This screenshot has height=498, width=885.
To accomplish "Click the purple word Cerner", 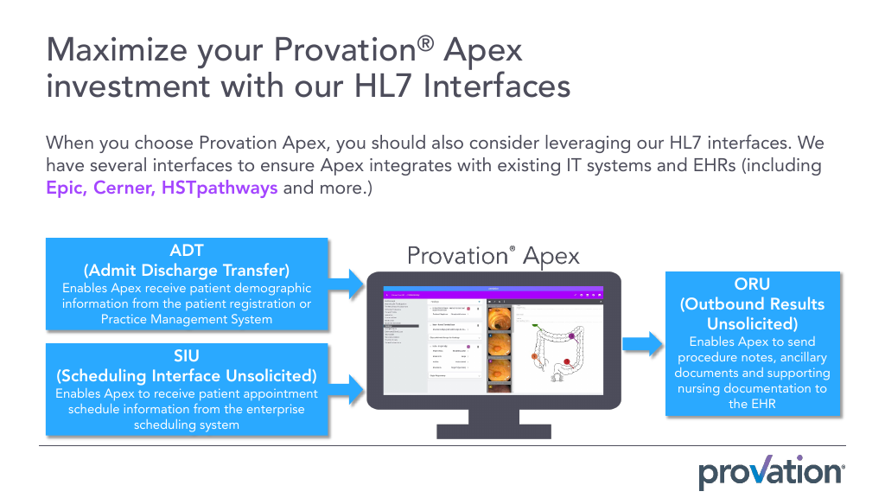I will pos(128,188).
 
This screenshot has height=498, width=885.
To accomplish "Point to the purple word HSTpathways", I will pos(220,188).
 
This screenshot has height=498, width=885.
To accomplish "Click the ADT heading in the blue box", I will pos(187,251).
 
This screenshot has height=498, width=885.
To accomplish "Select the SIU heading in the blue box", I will pos(187,356).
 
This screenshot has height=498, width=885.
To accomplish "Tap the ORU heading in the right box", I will pos(752,284).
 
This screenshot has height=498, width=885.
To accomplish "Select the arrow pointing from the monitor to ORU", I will pos(640,345).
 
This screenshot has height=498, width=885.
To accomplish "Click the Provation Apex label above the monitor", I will pos(493,256).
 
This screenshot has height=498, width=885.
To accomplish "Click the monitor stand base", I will pos(493,430).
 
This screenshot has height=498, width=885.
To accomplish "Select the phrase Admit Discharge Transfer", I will pos(187,270).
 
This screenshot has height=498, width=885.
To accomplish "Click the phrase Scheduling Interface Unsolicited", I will pos(187,376).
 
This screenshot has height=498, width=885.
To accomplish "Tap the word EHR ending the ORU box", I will pos(752,404).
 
